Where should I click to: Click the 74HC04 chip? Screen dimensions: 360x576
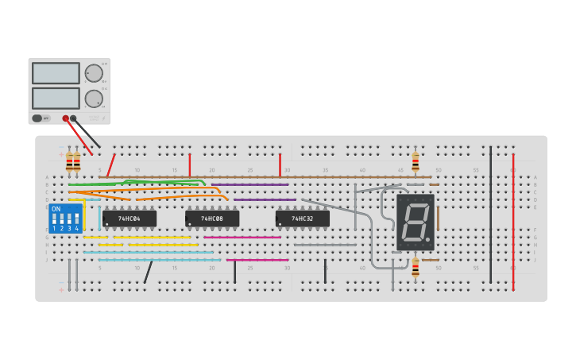pos(129,219)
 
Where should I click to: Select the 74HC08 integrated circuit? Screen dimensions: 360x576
pos(211,219)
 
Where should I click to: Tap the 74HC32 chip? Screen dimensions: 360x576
pos(302,219)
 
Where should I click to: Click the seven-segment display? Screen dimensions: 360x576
pos(416,222)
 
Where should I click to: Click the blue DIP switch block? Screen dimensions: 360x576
pos(65,218)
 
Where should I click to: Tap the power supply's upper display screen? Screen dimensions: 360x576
pos(56,73)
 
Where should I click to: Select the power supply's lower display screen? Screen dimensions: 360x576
pos(56,98)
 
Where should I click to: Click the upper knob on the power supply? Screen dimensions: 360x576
pos(94,73)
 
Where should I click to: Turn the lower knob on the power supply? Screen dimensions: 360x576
pos(94,99)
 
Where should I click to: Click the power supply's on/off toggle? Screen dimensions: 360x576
pos(37,118)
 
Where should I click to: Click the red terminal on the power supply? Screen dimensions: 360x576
pos(66,118)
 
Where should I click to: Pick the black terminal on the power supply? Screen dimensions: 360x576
pos(74,118)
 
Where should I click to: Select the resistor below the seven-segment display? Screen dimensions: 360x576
pos(415,267)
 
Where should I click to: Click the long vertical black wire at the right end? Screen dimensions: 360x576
pos(490,215)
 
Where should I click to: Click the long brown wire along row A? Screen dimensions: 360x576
pos(262,176)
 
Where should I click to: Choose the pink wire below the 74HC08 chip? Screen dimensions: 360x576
pos(242,237)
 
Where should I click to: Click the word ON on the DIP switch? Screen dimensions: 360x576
pos(56,208)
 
